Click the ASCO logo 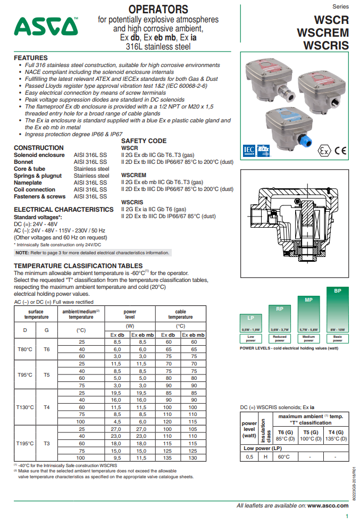coord(46,27)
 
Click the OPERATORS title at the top coord(158,10)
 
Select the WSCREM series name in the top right coord(323,33)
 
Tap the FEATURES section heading coord(31,58)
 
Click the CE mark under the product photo coord(340,151)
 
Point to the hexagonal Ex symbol coord(324,151)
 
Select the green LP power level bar coord(250,323)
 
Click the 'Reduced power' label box coord(280,338)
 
